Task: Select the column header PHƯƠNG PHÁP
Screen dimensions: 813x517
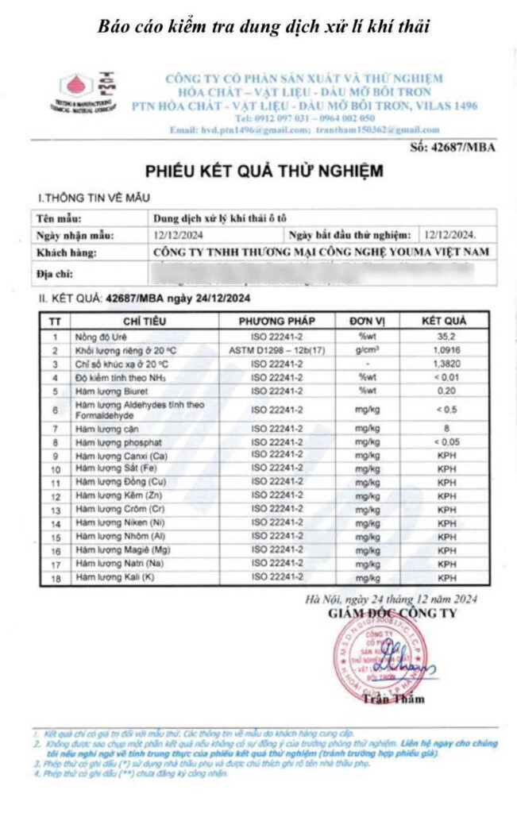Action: [277, 322]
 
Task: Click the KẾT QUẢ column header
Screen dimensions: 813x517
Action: [445, 322]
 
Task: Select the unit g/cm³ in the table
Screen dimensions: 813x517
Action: [368, 350]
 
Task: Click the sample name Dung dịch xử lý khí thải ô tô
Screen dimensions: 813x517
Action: [222, 218]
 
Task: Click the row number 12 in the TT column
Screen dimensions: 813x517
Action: [55, 495]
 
